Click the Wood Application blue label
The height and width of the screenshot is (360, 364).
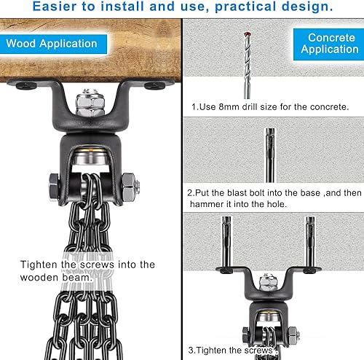click(52, 43)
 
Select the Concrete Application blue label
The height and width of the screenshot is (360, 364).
click(331, 43)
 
